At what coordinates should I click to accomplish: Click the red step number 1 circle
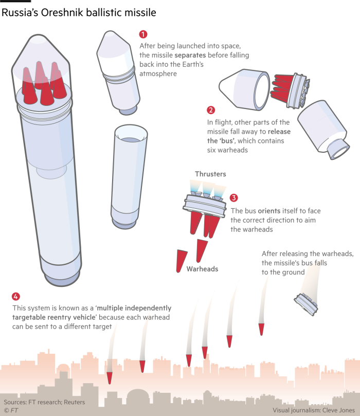click(143, 34)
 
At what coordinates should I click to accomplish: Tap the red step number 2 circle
click(211, 110)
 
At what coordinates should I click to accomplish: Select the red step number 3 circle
click(233, 197)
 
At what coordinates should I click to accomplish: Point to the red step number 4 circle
click(16, 296)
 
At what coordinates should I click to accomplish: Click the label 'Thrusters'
click(211, 174)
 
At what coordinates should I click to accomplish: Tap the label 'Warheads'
click(203, 269)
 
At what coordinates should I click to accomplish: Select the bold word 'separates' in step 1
click(190, 55)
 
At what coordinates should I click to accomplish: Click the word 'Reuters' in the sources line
click(74, 402)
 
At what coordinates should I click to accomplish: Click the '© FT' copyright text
click(11, 410)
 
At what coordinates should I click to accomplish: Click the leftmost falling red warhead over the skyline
click(110, 378)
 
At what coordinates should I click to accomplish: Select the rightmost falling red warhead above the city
click(262, 329)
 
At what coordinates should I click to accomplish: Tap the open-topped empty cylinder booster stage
click(129, 177)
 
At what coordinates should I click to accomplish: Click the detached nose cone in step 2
click(245, 89)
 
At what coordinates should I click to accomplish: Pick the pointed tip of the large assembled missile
click(39, 35)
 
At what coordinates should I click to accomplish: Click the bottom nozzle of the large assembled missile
click(62, 280)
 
